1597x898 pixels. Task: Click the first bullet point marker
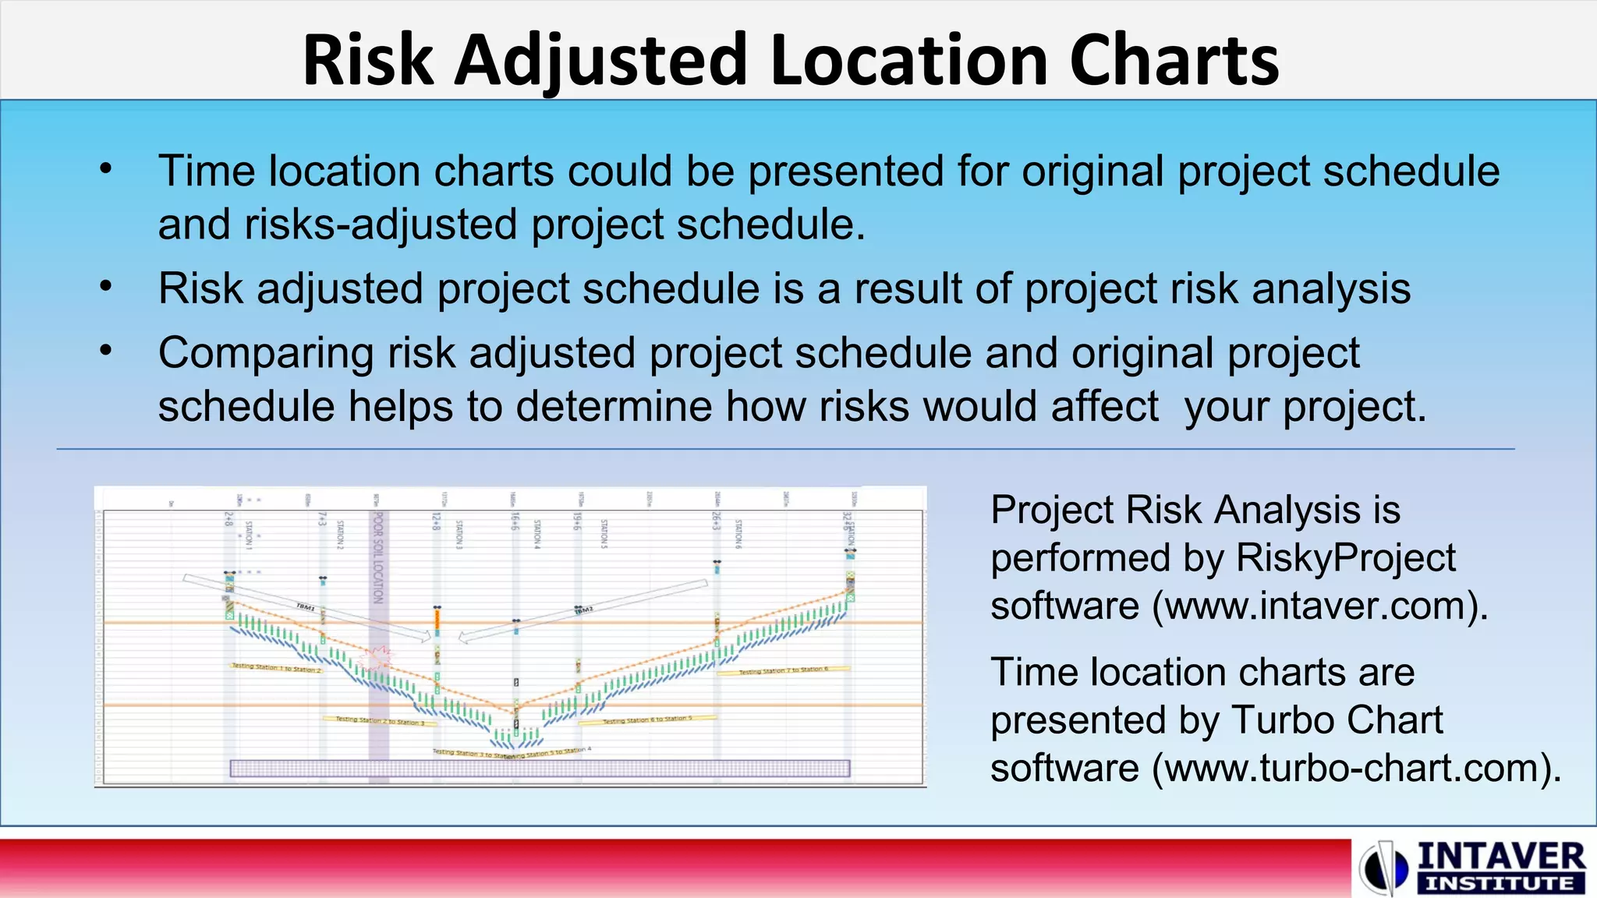pos(106,169)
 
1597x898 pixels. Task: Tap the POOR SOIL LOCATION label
pos(378,557)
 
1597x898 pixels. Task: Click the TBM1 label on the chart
pos(306,606)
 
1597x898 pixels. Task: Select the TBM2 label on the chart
pos(584,610)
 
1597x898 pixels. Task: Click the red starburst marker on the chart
pos(379,656)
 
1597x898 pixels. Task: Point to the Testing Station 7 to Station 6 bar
pos(783,670)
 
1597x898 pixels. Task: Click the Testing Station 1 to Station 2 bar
pos(276,668)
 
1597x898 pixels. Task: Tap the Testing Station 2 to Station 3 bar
pos(380,721)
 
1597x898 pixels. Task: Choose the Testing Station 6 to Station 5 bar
pos(647,719)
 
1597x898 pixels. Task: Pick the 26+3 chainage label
pos(716,521)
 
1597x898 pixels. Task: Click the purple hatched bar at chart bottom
pos(540,769)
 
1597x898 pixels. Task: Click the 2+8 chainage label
pos(228,521)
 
